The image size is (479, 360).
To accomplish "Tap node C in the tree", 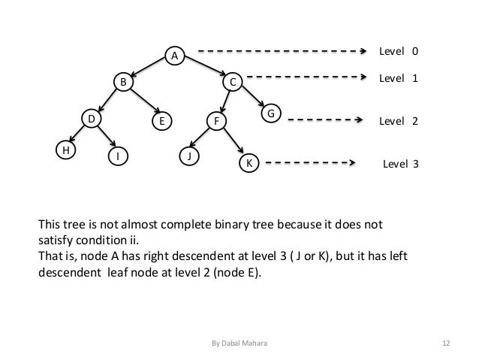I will [x=233, y=81].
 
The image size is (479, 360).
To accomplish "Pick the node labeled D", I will [x=91, y=119].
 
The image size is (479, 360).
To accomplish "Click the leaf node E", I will [x=161, y=120].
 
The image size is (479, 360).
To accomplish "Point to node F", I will [x=216, y=120].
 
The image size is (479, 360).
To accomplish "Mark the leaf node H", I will [x=66, y=150].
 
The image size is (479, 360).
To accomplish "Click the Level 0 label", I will [x=398, y=52].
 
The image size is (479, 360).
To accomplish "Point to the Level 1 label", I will [x=398, y=77].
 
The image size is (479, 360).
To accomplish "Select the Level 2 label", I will [x=398, y=120].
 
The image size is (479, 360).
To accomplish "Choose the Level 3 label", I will [x=401, y=162].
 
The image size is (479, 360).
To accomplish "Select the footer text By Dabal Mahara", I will [x=239, y=343].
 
